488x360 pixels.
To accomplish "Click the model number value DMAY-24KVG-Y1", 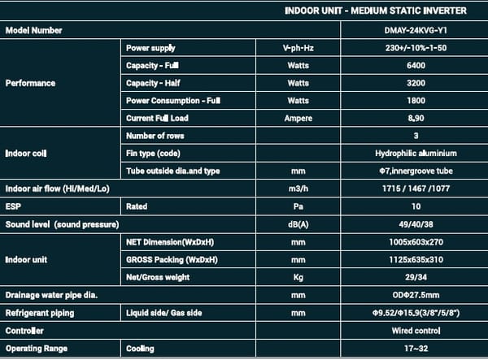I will [416, 30].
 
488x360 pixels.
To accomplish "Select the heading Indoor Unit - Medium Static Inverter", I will [375, 11].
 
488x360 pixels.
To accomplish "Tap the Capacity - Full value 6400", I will [416, 65].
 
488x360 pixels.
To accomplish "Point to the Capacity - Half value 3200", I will [416, 83].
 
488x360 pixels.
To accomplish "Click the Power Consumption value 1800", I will [416, 100].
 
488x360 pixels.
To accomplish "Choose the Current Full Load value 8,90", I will [416, 118].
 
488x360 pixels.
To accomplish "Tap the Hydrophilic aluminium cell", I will [416, 153].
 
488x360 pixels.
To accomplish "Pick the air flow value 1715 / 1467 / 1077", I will [416, 189].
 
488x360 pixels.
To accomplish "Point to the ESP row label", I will [13, 206].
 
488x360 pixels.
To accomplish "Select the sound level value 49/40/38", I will [416, 223].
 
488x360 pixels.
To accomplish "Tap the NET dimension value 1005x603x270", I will [416, 242].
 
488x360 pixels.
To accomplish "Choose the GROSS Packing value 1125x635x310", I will [416, 259].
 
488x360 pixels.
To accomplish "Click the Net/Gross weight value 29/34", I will [416, 277].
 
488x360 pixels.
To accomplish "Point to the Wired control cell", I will [416, 331].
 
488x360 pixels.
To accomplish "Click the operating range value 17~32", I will [416, 349].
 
